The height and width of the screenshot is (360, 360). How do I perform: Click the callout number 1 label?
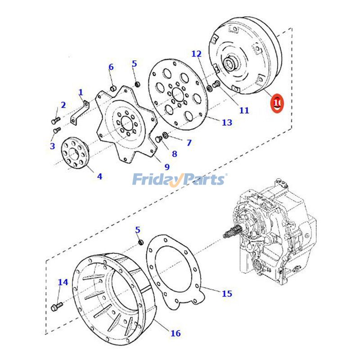[81, 93]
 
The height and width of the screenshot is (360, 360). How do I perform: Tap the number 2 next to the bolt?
[63, 105]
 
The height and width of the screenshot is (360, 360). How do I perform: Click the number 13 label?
[227, 122]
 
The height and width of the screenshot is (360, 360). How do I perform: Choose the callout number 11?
[244, 110]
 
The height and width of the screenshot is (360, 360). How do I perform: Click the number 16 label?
[175, 333]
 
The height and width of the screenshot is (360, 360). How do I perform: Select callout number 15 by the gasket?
[227, 294]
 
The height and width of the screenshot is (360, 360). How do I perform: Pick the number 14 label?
[63, 282]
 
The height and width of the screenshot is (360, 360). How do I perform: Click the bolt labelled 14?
[56, 308]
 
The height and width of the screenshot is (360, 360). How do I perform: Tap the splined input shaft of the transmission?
[230, 234]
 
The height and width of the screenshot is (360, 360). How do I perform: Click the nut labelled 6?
[114, 87]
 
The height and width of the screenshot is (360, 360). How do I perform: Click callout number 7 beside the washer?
[189, 143]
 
